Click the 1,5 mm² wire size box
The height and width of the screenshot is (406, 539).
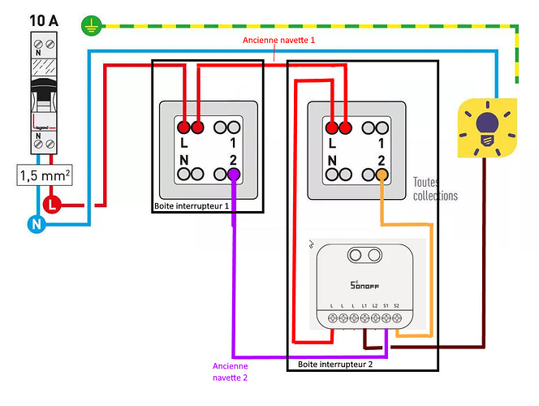[44, 175]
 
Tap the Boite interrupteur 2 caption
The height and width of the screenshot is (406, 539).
[335, 364]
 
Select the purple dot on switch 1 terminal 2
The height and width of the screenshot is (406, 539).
[233, 174]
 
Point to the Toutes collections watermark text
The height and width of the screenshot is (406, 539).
[435, 189]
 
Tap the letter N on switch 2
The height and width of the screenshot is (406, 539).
[333, 158]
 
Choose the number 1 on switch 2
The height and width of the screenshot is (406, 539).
[381, 143]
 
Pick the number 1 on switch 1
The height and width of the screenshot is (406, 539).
[232, 143]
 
